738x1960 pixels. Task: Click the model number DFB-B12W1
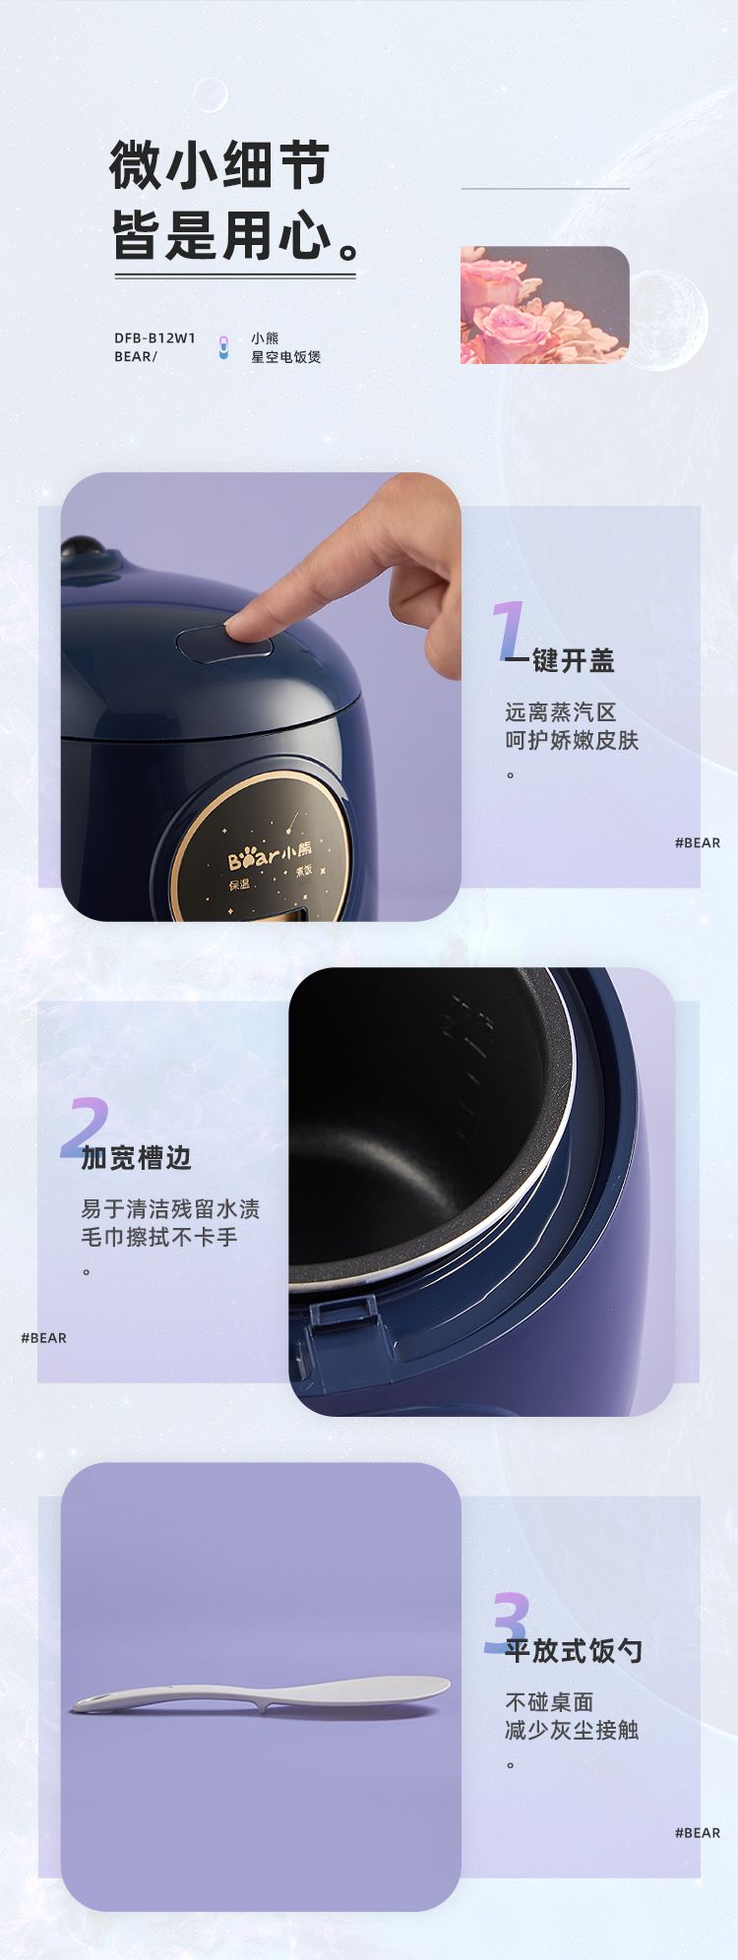pyautogui.click(x=154, y=337)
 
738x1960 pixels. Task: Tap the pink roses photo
pyautogui.click(x=544, y=305)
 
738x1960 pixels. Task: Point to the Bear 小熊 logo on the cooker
pyautogui.click(x=270, y=854)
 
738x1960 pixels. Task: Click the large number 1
pyautogui.click(x=509, y=631)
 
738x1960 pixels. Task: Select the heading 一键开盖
pyautogui.click(x=560, y=661)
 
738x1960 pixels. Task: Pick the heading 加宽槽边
pyautogui.click(x=136, y=1158)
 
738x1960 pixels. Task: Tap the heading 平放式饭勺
pyautogui.click(x=574, y=1651)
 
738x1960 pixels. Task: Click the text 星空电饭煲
pyautogui.click(x=285, y=357)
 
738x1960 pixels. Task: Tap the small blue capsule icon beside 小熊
pyautogui.click(x=223, y=347)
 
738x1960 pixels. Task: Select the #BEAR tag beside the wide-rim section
pyautogui.click(x=43, y=1338)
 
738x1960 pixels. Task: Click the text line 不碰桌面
pyautogui.click(x=549, y=1702)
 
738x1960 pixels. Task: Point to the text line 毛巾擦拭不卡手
pyautogui.click(x=159, y=1237)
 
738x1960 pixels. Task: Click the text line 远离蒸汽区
pyautogui.click(x=560, y=712)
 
